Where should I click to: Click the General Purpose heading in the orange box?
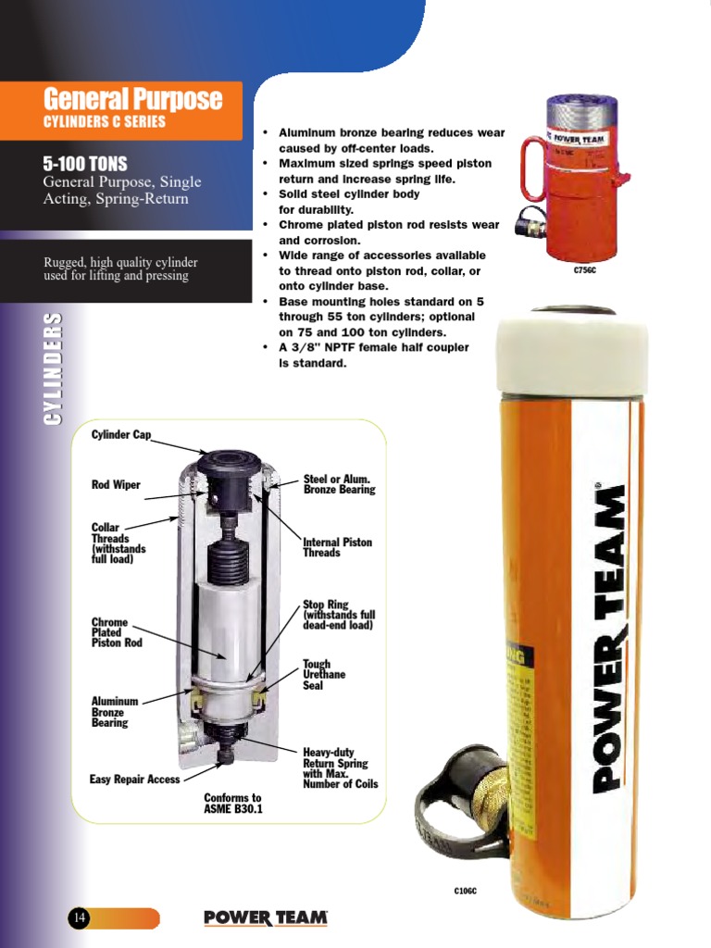click(x=134, y=99)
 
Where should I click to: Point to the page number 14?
click(x=79, y=917)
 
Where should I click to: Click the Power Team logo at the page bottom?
click(x=266, y=917)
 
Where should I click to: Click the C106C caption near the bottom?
click(x=466, y=891)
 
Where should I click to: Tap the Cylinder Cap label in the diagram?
click(x=121, y=434)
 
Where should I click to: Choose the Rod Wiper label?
click(x=116, y=484)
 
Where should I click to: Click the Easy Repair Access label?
click(x=134, y=780)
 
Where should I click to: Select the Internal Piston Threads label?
click(x=337, y=547)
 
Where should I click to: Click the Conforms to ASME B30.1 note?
click(x=232, y=804)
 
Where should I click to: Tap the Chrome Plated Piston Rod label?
click(x=117, y=633)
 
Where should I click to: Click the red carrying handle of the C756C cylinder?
click(x=534, y=168)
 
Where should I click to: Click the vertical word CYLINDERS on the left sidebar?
click(x=53, y=369)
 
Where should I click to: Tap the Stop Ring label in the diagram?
click(x=338, y=615)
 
